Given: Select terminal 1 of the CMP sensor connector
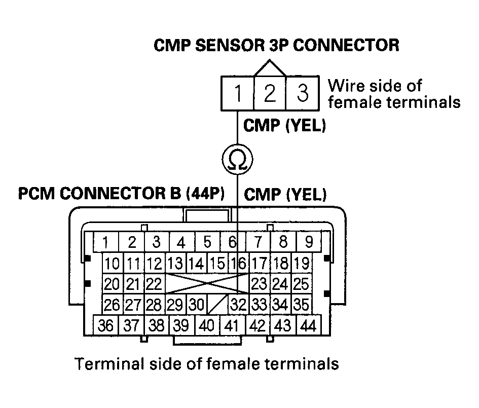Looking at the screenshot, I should pyautogui.click(x=237, y=93).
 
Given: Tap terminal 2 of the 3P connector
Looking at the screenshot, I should pyautogui.click(x=270, y=93).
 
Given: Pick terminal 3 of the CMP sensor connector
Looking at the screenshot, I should pyautogui.click(x=302, y=93).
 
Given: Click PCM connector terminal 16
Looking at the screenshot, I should pyautogui.click(x=238, y=264).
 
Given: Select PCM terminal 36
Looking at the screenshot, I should pyautogui.click(x=105, y=325).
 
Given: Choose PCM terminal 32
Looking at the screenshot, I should pyautogui.click(x=238, y=305).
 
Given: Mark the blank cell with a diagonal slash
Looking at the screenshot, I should pyautogui.click(x=216, y=305).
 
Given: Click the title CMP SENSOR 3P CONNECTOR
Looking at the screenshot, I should pyautogui.click(x=276, y=45).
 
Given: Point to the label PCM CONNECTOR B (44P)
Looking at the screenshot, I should pyautogui.click(x=122, y=194).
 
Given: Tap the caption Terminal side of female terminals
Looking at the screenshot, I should pyautogui.click(x=206, y=363).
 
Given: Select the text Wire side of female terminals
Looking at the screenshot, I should pyautogui.click(x=394, y=94).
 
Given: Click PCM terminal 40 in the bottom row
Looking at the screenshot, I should pyautogui.click(x=207, y=325).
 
